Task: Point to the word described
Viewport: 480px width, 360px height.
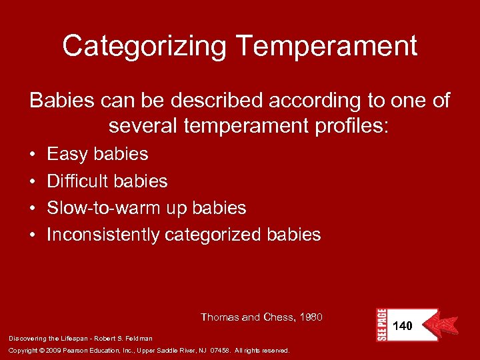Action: point(204,101)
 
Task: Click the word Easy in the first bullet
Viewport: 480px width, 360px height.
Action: point(67,154)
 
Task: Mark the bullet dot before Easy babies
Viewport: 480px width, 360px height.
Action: point(33,155)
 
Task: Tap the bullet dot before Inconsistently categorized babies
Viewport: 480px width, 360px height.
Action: point(33,235)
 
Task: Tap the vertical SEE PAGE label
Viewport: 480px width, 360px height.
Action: point(381,325)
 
